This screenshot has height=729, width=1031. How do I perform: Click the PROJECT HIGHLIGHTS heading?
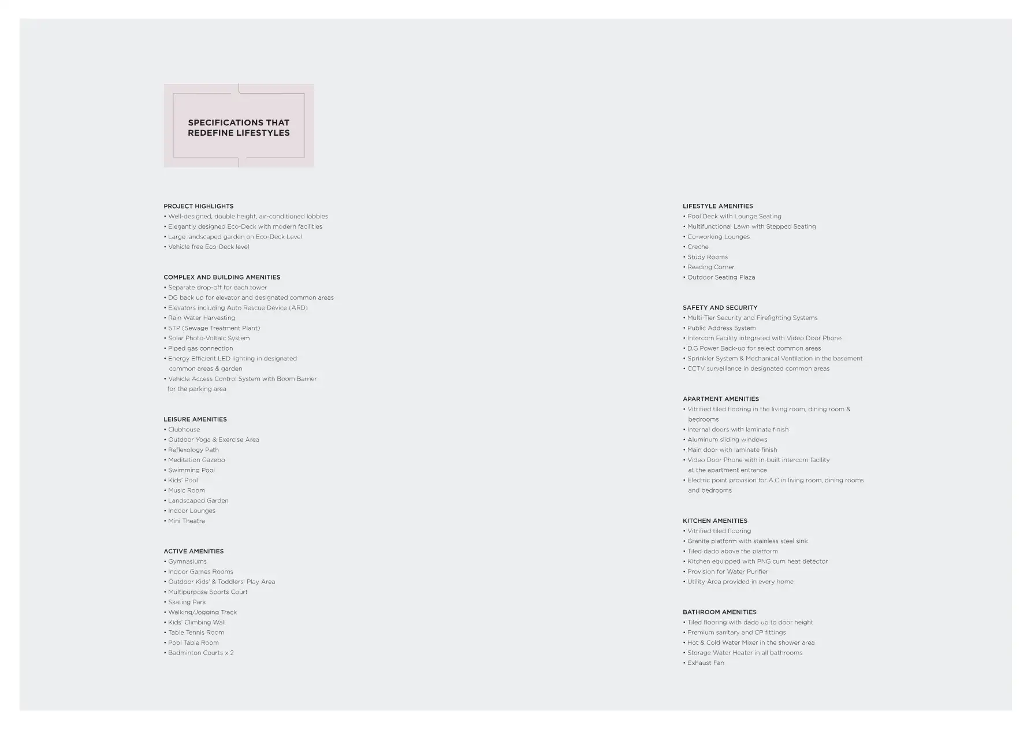point(198,206)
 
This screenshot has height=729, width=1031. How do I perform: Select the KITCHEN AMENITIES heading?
point(714,521)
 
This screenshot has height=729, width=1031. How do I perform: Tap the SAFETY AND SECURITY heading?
point(720,308)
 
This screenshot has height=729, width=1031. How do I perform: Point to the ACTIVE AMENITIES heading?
point(193,552)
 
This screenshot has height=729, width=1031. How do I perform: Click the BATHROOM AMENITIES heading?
point(719,612)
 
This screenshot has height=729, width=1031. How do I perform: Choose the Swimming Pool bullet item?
point(191,470)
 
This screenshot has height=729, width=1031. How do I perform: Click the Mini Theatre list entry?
point(186,521)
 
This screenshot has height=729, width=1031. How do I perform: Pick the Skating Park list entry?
point(187,602)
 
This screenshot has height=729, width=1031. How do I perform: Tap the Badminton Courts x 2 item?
point(200,653)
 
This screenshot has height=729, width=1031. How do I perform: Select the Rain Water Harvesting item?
point(202,318)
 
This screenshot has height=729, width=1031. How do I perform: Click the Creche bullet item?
point(698,247)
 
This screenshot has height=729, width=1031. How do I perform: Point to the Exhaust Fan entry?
point(705,663)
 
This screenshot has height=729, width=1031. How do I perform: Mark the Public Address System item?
point(721,328)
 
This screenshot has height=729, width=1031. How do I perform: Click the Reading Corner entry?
point(710,267)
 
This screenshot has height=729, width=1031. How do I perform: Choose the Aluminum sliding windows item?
point(727,440)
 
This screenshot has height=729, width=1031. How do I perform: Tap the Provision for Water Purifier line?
point(727,572)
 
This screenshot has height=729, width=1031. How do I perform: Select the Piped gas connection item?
point(200,348)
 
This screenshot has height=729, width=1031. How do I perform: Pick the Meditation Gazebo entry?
point(196,460)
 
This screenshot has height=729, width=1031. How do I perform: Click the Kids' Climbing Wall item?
point(196,623)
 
